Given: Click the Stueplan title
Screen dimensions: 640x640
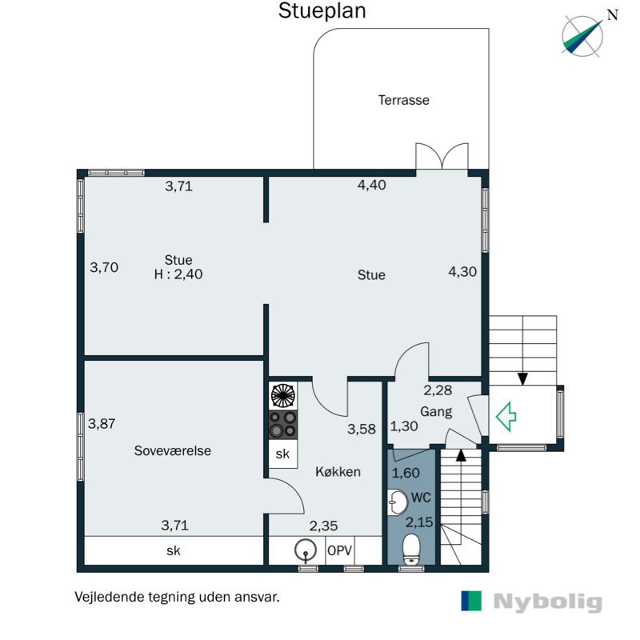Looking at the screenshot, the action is pyautogui.click(x=322, y=11).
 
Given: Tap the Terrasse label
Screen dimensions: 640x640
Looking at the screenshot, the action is pyautogui.click(x=404, y=100).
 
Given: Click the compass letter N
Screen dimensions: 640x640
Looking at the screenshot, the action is pyautogui.click(x=613, y=15).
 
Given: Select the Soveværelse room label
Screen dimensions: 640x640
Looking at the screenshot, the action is pyautogui.click(x=173, y=450).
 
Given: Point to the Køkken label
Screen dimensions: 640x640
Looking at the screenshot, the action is pyautogui.click(x=338, y=472).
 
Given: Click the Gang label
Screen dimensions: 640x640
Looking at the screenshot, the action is pyautogui.click(x=436, y=412).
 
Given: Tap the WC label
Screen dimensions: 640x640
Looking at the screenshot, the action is pyautogui.click(x=422, y=498).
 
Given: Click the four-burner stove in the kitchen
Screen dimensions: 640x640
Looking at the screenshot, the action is pyautogui.click(x=283, y=425).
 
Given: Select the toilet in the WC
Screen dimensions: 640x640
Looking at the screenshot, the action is pyautogui.click(x=411, y=549).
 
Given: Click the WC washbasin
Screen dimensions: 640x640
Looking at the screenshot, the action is pyautogui.click(x=397, y=502).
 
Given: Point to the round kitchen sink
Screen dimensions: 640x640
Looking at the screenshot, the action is pyautogui.click(x=306, y=550).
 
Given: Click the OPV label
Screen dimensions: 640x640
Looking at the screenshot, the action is pyautogui.click(x=339, y=550).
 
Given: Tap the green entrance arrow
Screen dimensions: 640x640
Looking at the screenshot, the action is pyautogui.click(x=506, y=417).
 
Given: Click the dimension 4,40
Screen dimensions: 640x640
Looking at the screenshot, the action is pyautogui.click(x=372, y=185).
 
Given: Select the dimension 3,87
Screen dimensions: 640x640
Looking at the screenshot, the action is pyautogui.click(x=102, y=424).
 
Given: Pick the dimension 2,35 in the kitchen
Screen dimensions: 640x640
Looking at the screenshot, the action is pyautogui.click(x=324, y=526).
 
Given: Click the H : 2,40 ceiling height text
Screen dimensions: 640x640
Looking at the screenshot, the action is pyautogui.click(x=178, y=274).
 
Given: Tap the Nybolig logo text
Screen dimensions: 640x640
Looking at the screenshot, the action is pyautogui.click(x=548, y=602).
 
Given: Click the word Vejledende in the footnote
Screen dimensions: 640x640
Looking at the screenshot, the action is pyautogui.click(x=110, y=597).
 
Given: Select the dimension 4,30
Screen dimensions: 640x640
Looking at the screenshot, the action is pyautogui.click(x=462, y=271).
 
